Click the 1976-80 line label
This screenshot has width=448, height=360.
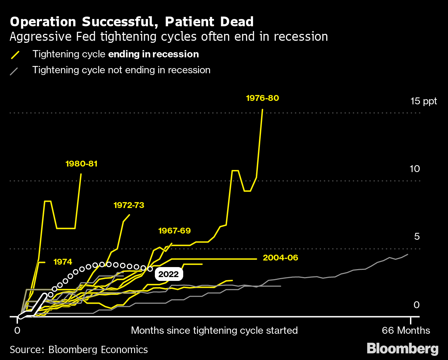(x=262, y=98)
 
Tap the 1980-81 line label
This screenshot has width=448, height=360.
(x=82, y=164)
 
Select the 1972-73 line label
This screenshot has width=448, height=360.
(x=129, y=205)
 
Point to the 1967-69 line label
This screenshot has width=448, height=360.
(x=174, y=231)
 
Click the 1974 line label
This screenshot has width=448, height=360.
(x=63, y=262)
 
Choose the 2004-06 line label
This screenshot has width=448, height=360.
(x=280, y=258)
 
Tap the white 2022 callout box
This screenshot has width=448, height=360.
(x=169, y=274)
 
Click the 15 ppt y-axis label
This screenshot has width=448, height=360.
(x=423, y=101)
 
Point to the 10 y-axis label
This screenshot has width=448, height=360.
(x=414, y=169)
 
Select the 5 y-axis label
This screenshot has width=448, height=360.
(x=417, y=237)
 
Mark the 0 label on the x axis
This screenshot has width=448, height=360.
(x=17, y=331)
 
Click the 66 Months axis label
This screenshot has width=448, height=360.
(x=406, y=331)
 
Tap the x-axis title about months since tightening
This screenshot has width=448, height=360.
(x=214, y=331)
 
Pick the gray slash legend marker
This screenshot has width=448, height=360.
(x=14, y=71)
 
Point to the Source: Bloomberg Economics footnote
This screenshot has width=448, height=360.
(x=79, y=350)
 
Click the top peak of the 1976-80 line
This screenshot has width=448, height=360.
(x=262, y=110)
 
